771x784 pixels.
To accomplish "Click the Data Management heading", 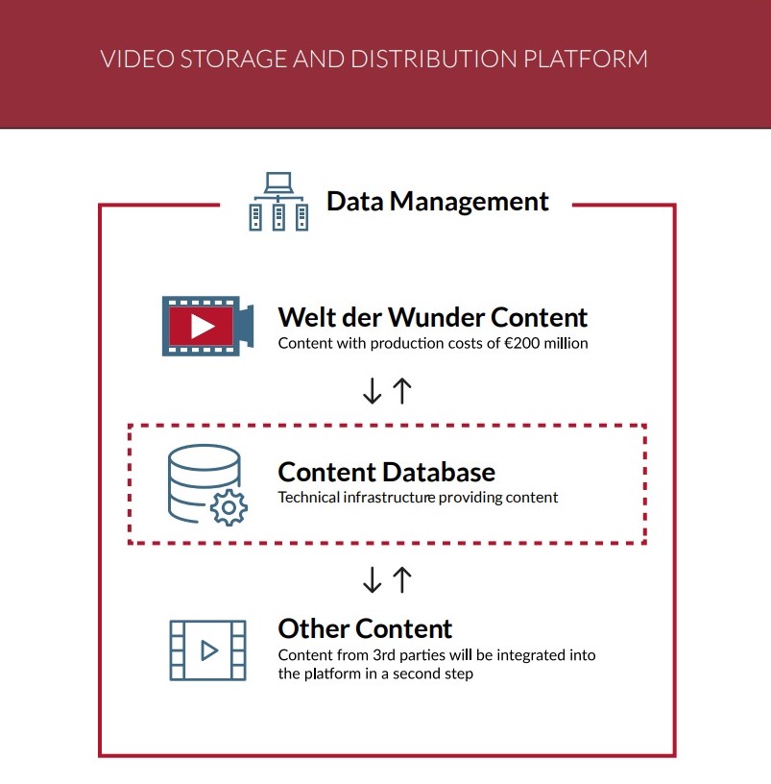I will pos(438,201).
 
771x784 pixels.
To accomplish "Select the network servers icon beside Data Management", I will pos(278,201).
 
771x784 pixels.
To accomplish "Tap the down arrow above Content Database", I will pos(372,390).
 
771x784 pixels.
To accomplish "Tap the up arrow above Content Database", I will pos(401,390).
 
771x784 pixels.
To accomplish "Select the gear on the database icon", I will pos(229,506).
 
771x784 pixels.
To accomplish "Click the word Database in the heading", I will pos(440,472).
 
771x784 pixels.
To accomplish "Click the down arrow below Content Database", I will pos(372,579).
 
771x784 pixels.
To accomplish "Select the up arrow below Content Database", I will pos(401,579).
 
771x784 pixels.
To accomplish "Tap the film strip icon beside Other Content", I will pos(207,650).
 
